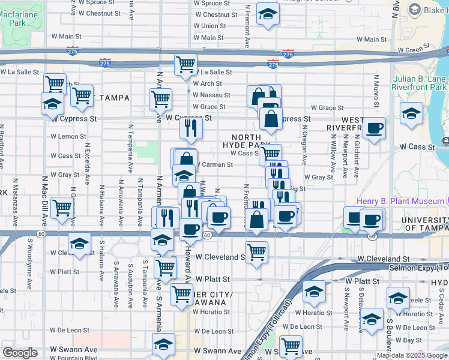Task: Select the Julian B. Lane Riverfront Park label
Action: (x=420, y=83)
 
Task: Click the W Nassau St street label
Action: (x=212, y=95)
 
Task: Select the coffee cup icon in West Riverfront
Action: (x=374, y=127)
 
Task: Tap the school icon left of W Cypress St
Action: (x=52, y=103)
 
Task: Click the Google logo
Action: (x=20, y=353)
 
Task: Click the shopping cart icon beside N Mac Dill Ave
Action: (x=62, y=208)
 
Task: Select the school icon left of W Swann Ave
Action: (x=163, y=344)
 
